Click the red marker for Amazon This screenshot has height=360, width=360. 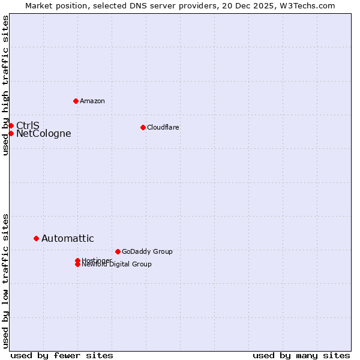(x=76, y=101)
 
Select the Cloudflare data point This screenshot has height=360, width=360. (x=143, y=127)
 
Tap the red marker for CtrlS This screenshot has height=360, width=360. (x=11, y=125)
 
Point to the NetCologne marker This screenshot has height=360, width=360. (x=11, y=133)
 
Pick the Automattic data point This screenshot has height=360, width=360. (x=36, y=238)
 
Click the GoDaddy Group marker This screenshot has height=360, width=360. (x=118, y=251)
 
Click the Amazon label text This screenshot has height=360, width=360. (x=92, y=101)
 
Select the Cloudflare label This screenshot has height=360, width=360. (x=163, y=127)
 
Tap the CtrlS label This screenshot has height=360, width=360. (x=28, y=125)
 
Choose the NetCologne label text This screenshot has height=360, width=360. (x=43, y=134)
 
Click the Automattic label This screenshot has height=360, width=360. (x=67, y=239)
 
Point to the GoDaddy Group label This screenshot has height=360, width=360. (x=147, y=251)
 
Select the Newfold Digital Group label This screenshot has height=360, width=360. (x=117, y=265)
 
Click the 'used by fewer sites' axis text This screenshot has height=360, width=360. (x=62, y=355)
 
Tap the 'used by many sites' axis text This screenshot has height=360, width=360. (x=301, y=355)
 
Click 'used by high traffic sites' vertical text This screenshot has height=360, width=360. (x=6, y=85)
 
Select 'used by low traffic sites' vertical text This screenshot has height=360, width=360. (x=6, y=280)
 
